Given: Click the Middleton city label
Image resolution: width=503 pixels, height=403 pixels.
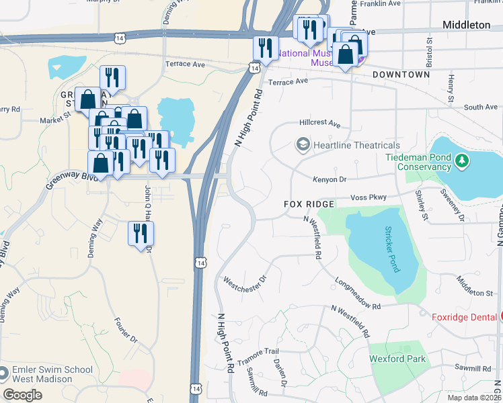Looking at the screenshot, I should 466,25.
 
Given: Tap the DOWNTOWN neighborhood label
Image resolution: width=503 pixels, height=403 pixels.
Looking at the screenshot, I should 401,75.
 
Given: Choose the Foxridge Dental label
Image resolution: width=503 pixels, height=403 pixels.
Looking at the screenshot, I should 463,316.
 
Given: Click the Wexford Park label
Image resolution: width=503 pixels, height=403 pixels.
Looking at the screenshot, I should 397,359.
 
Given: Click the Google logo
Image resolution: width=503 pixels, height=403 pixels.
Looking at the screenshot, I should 23,394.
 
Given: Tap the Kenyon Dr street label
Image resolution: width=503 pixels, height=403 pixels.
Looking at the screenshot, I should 329,179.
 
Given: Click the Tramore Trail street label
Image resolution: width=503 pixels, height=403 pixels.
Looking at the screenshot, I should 262,352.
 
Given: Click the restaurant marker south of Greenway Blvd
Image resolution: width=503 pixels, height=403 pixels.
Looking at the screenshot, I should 141,234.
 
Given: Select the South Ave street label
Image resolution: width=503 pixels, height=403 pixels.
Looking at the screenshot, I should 481,107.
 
